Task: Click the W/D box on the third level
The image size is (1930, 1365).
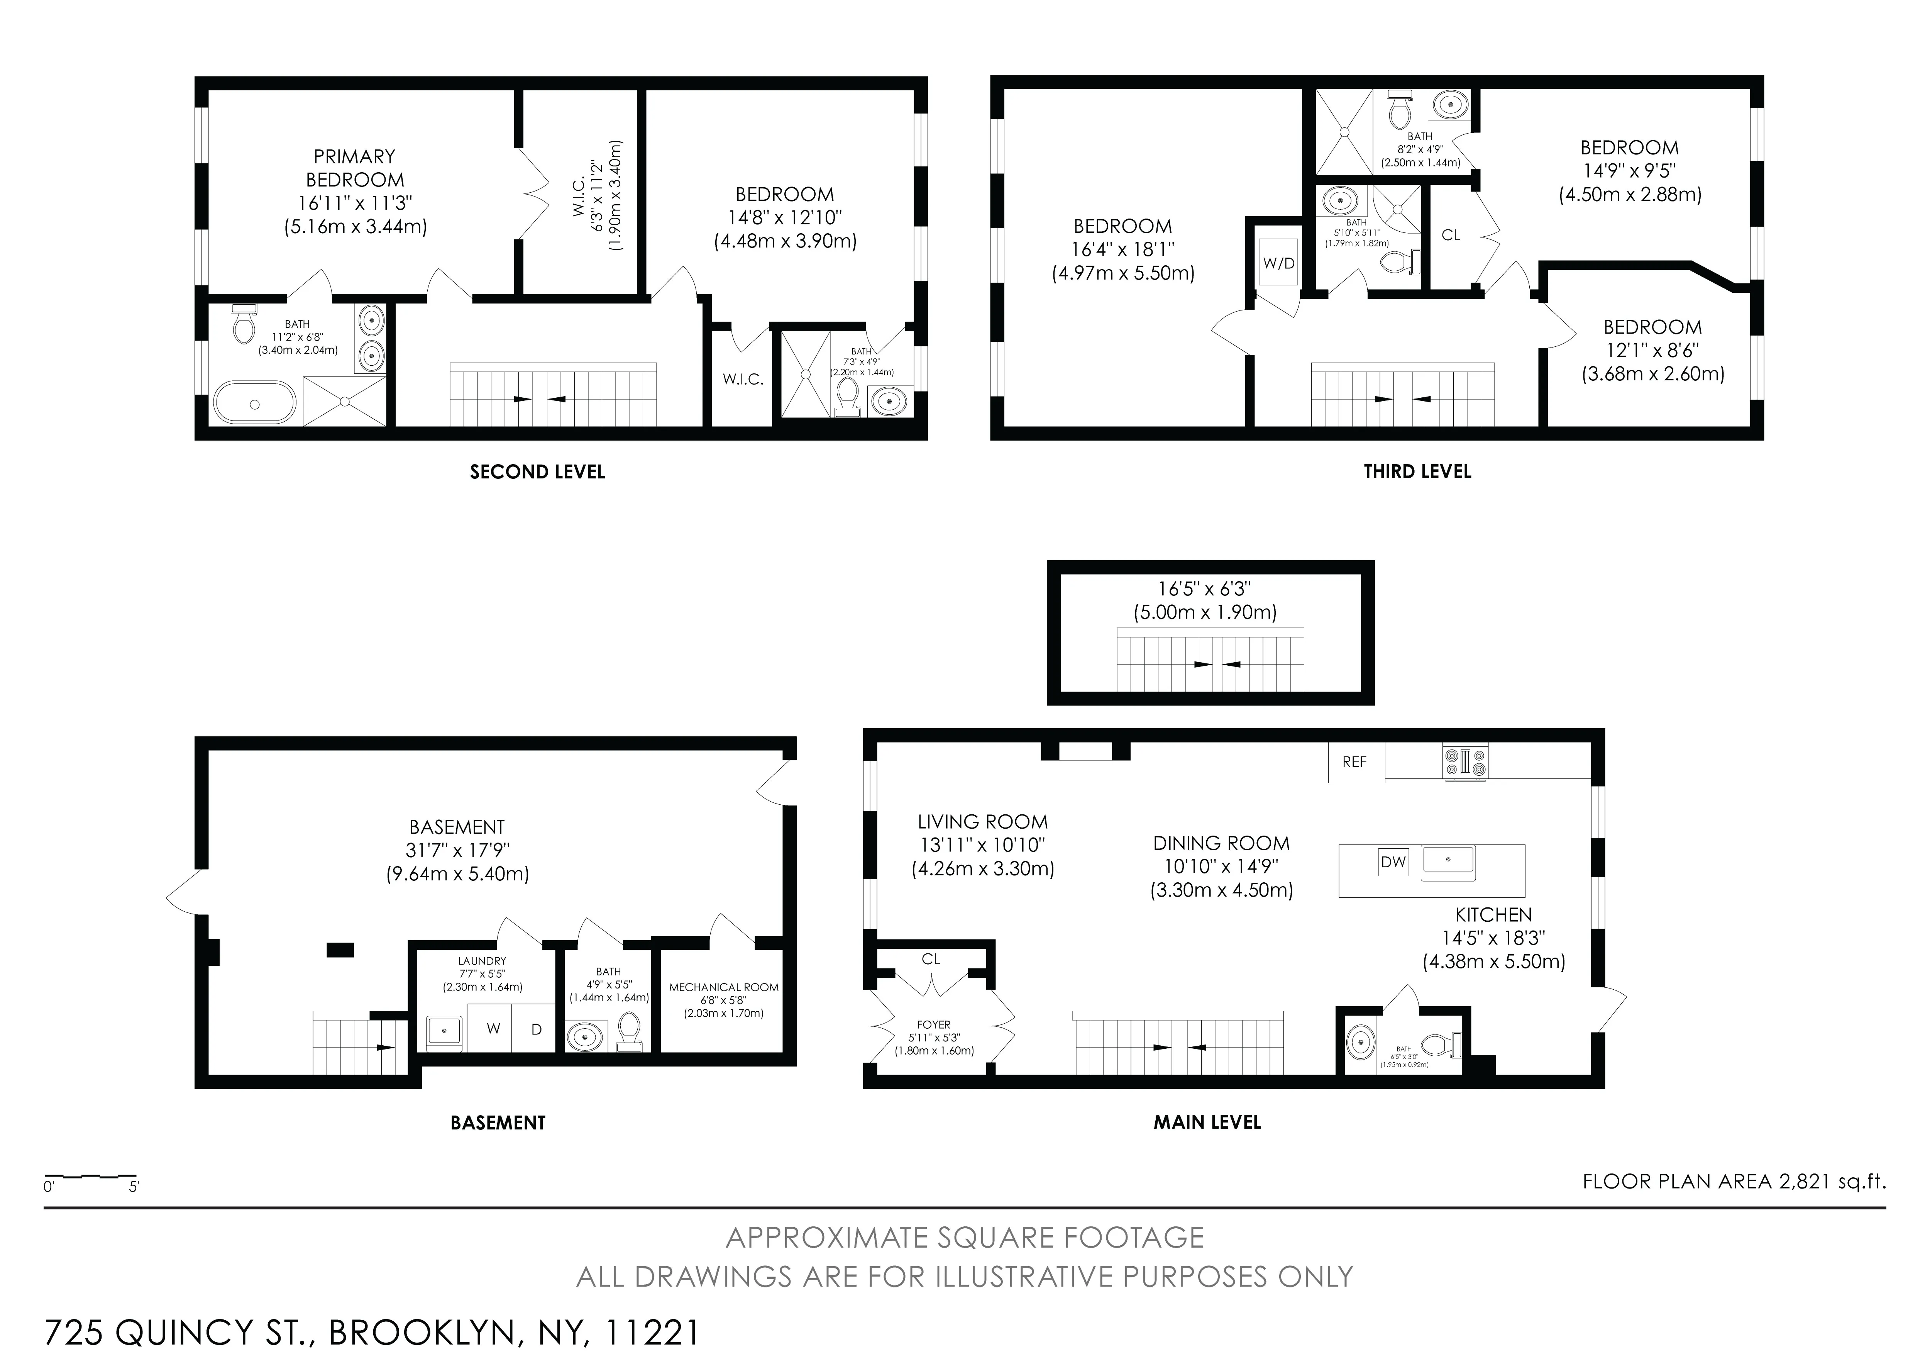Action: click(x=1278, y=263)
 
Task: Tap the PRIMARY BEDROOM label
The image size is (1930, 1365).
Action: click(x=355, y=168)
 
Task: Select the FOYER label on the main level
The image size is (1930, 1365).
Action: click(x=934, y=1024)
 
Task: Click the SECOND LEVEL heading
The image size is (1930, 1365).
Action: click(x=537, y=472)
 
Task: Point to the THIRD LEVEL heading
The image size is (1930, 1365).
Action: click(x=1417, y=472)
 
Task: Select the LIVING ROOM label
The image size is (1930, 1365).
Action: click(x=982, y=822)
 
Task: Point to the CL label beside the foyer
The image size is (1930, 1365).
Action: click(x=931, y=959)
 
